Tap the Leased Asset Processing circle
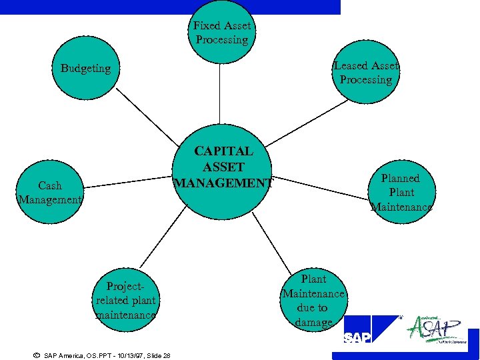(x=366, y=73)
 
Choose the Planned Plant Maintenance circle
(x=400, y=192)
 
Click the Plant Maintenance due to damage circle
(x=313, y=300)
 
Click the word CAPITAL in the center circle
(x=223, y=152)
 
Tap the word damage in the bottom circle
(x=313, y=323)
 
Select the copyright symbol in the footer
(x=36, y=355)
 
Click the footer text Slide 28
(x=157, y=355)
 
